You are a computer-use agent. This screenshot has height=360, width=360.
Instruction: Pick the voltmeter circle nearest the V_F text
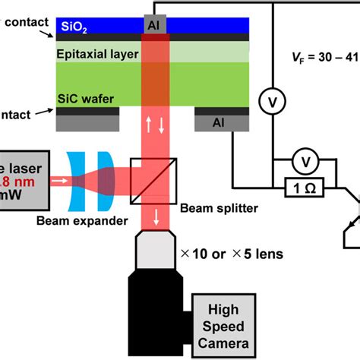[x=271, y=99]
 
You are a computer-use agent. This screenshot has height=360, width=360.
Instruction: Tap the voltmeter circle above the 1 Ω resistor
[x=305, y=162]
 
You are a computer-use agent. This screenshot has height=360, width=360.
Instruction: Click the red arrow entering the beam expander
[x=58, y=182]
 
